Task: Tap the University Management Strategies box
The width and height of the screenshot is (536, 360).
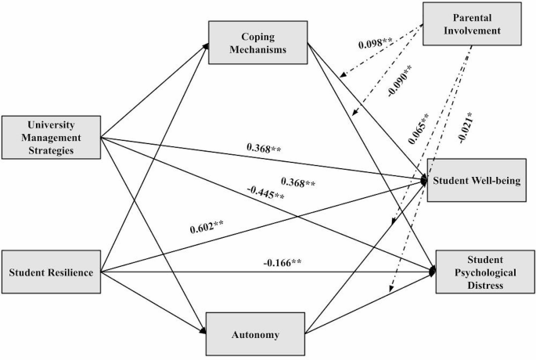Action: [52, 136]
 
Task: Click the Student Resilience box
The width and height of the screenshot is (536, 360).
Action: [52, 272]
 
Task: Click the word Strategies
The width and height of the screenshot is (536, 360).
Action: [52, 151]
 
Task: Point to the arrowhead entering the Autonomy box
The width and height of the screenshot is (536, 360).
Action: [205, 332]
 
